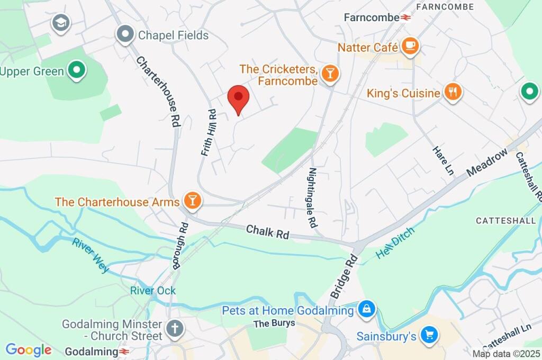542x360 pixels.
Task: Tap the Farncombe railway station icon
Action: point(406,17)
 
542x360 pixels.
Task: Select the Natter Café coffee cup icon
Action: point(410,47)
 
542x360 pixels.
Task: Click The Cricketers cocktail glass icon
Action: point(330,75)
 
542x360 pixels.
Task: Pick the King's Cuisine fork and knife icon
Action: point(453,93)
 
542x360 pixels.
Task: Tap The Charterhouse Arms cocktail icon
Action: point(192,201)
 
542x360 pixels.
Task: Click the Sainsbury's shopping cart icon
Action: point(429,335)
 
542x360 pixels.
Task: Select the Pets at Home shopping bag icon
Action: point(366,309)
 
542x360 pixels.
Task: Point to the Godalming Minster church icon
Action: point(174,329)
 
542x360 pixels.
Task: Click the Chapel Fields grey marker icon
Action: point(125,35)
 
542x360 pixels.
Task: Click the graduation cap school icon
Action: point(61,23)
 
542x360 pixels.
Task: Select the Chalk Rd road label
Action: point(268,232)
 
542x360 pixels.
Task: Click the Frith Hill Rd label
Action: point(209,132)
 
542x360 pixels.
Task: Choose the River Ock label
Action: point(153,291)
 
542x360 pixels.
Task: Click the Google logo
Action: point(29,350)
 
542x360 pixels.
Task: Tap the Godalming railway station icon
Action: point(124,352)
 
